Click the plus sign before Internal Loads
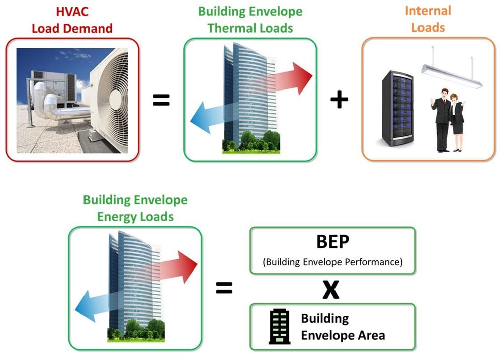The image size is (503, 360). (x=339, y=100)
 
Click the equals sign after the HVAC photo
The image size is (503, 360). (x=160, y=100)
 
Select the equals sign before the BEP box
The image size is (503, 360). (x=224, y=288)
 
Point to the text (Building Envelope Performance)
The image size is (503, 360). (x=332, y=262)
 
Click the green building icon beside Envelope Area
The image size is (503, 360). (x=279, y=326)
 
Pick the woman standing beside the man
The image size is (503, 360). (x=457, y=122)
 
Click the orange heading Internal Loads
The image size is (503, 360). (x=428, y=19)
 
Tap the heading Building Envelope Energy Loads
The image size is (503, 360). (x=135, y=208)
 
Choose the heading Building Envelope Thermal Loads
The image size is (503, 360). (x=250, y=20)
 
